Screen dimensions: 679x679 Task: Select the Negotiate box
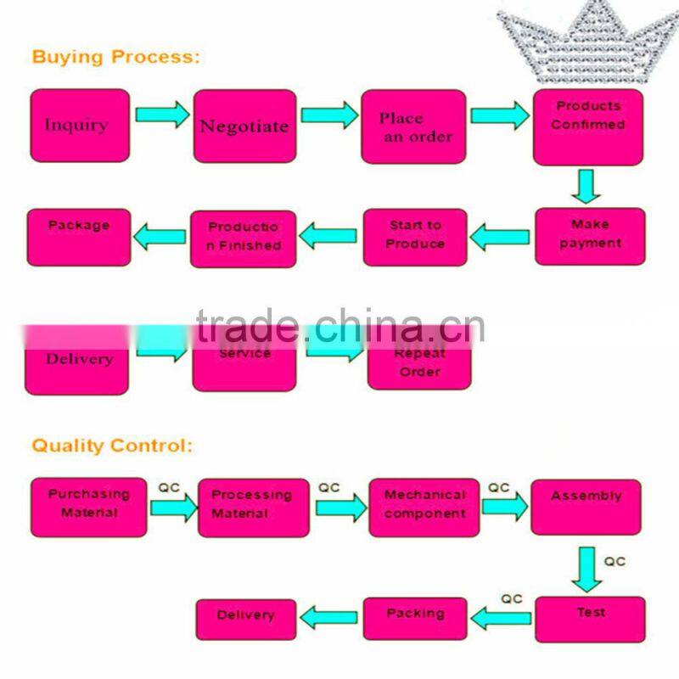tap(244, 126)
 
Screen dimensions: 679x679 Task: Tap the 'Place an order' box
tap(413, 126)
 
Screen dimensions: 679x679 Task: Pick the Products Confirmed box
tap(588, 126)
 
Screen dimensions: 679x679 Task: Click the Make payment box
tap(590, 236)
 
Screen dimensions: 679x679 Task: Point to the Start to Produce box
tap(415, 236)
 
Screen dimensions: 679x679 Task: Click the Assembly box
tap(586, 506)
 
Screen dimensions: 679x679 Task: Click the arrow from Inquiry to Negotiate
tap(162, 114)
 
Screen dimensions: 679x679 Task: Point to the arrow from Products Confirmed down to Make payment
tap(585, 186)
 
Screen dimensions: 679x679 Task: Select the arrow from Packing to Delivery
tap(330, 618)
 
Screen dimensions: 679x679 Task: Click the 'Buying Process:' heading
tap(116, 58)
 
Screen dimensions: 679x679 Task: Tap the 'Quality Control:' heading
tap(112, 445)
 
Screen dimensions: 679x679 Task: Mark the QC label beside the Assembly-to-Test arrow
tap(615, 561)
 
